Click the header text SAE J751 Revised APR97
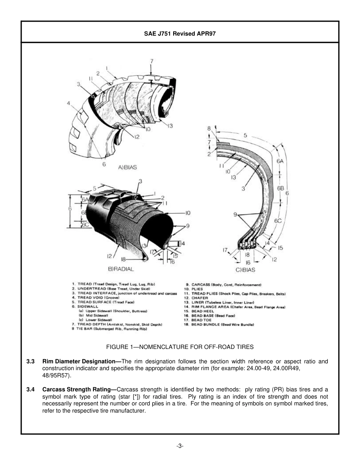[180, 33]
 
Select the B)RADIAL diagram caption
[121, 269]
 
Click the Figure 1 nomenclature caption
[180, 347]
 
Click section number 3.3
[31, 361]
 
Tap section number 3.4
[31, 389]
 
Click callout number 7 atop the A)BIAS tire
[152, 61]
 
